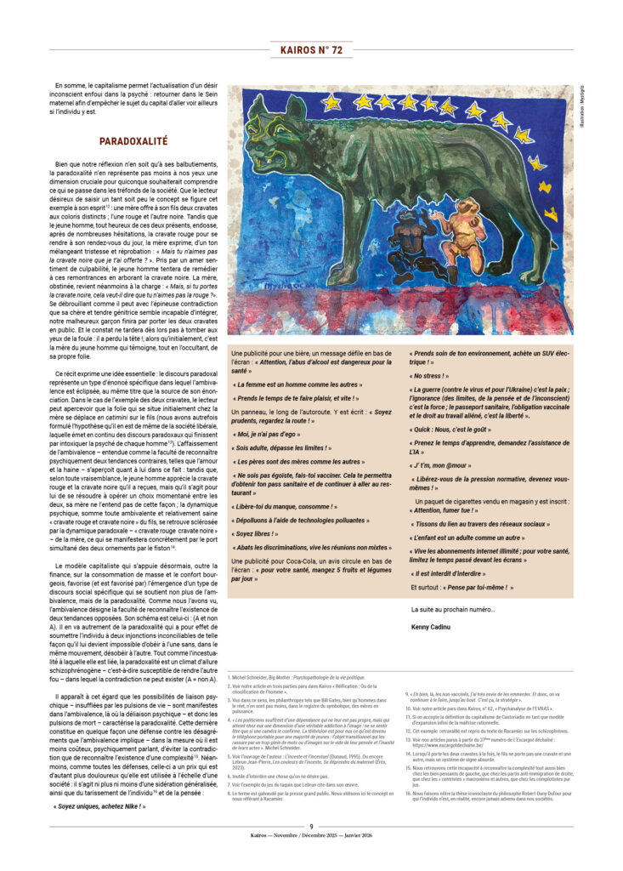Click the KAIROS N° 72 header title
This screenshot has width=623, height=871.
(311, 50)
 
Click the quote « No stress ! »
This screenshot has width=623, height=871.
(429, 375)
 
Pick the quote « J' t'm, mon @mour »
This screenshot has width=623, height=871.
(446, 466)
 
